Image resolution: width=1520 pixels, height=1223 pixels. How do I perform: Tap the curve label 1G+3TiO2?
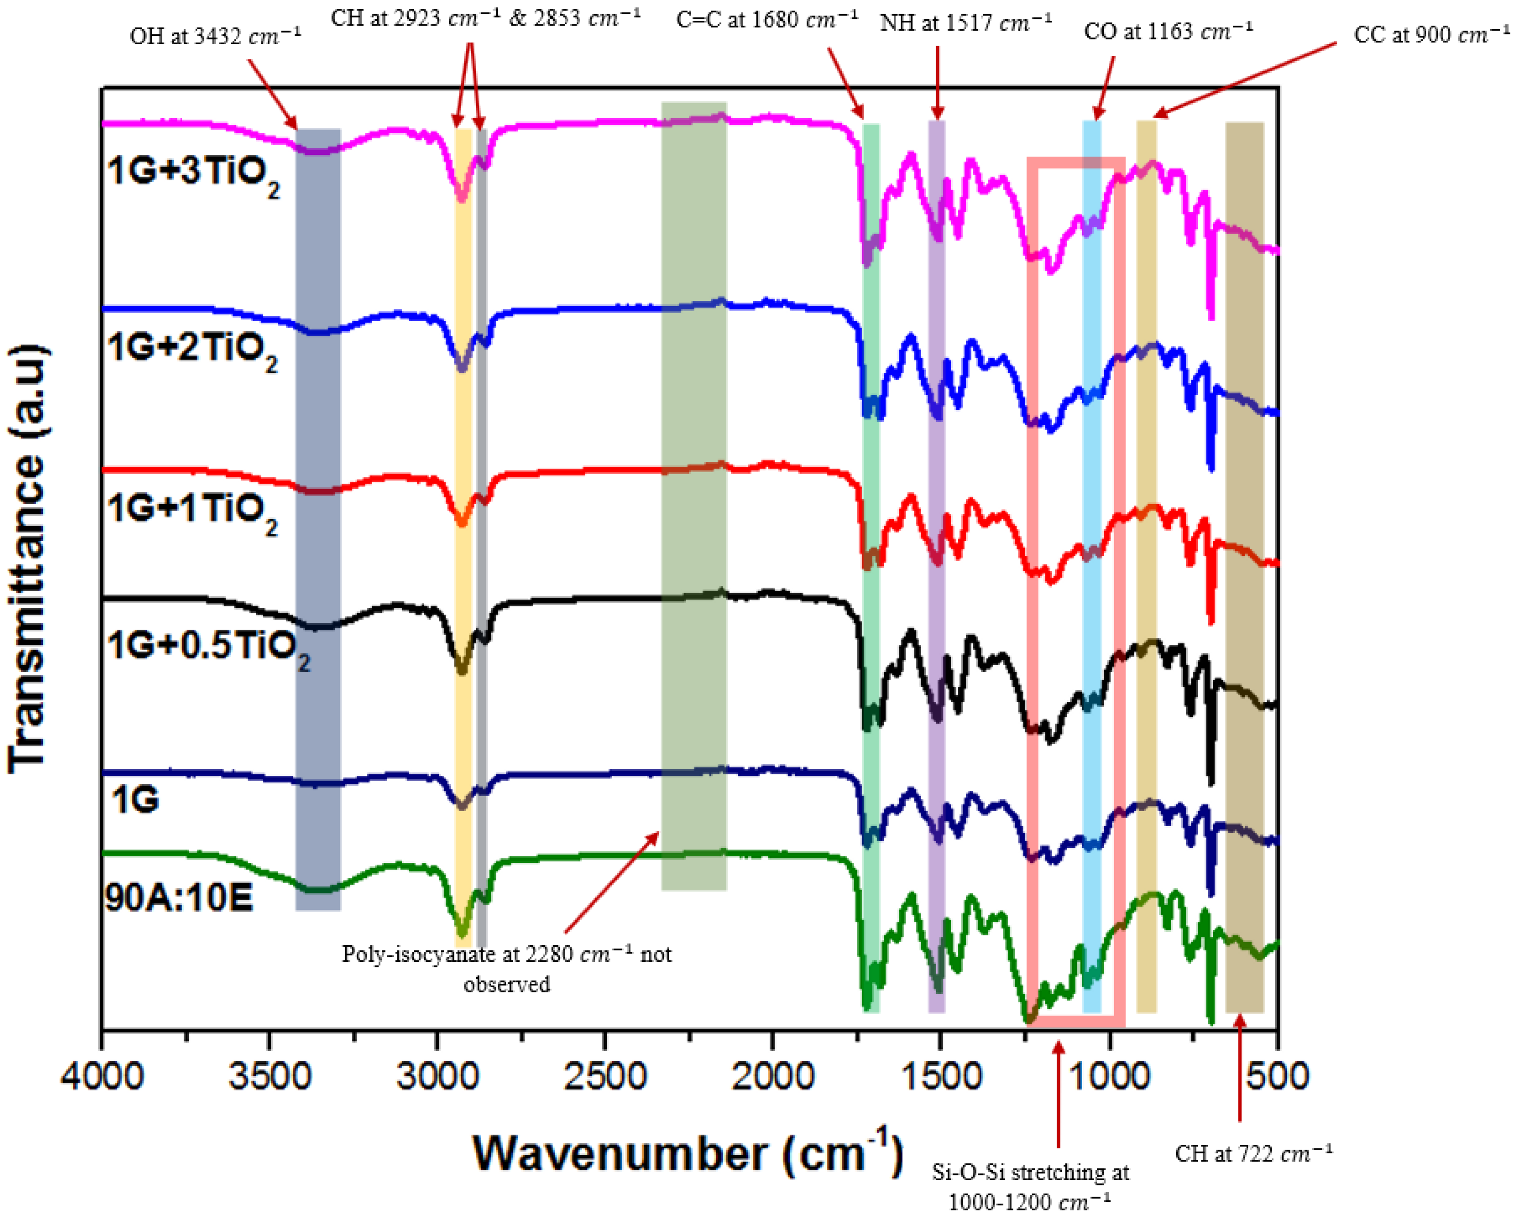[193, 173]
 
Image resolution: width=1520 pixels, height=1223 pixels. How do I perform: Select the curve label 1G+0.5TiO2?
[208, 647]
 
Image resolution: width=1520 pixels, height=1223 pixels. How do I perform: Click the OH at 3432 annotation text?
[215, 36]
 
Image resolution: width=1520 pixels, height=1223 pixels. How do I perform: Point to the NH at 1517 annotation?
[965, 23]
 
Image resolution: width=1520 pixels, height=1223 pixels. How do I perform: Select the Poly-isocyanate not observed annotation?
[507, 968]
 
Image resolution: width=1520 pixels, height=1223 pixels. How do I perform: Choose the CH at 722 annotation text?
[1253, 1154]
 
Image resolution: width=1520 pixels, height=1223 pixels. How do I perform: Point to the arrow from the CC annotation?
[1245, 78]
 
